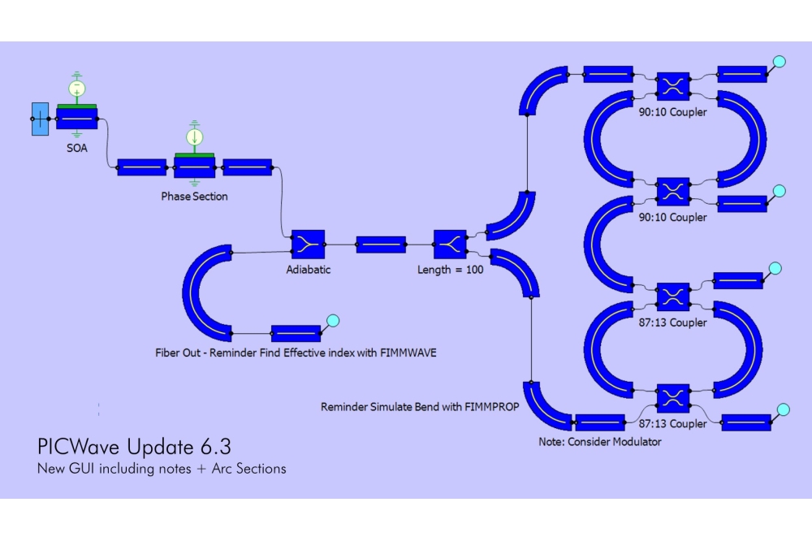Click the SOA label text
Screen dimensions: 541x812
coord(76,148)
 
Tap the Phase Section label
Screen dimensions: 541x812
coord(194,196)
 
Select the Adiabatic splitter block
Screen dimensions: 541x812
coord(308,243)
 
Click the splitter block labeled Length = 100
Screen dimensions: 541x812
coord(450,243)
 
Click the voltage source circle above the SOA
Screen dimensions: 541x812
coord(76,88)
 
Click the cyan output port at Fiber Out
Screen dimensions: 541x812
coord(331,320)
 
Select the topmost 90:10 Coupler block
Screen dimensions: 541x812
coord(672,85)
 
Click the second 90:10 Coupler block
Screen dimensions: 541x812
coord(672,191)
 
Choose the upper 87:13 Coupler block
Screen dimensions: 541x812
coord(672,296)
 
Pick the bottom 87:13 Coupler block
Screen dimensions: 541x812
coord(672,397)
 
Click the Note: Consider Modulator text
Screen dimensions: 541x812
coord(599,442)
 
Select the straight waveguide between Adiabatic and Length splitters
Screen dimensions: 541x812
coord(381,244)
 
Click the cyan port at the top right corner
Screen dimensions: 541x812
coord(778,62)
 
